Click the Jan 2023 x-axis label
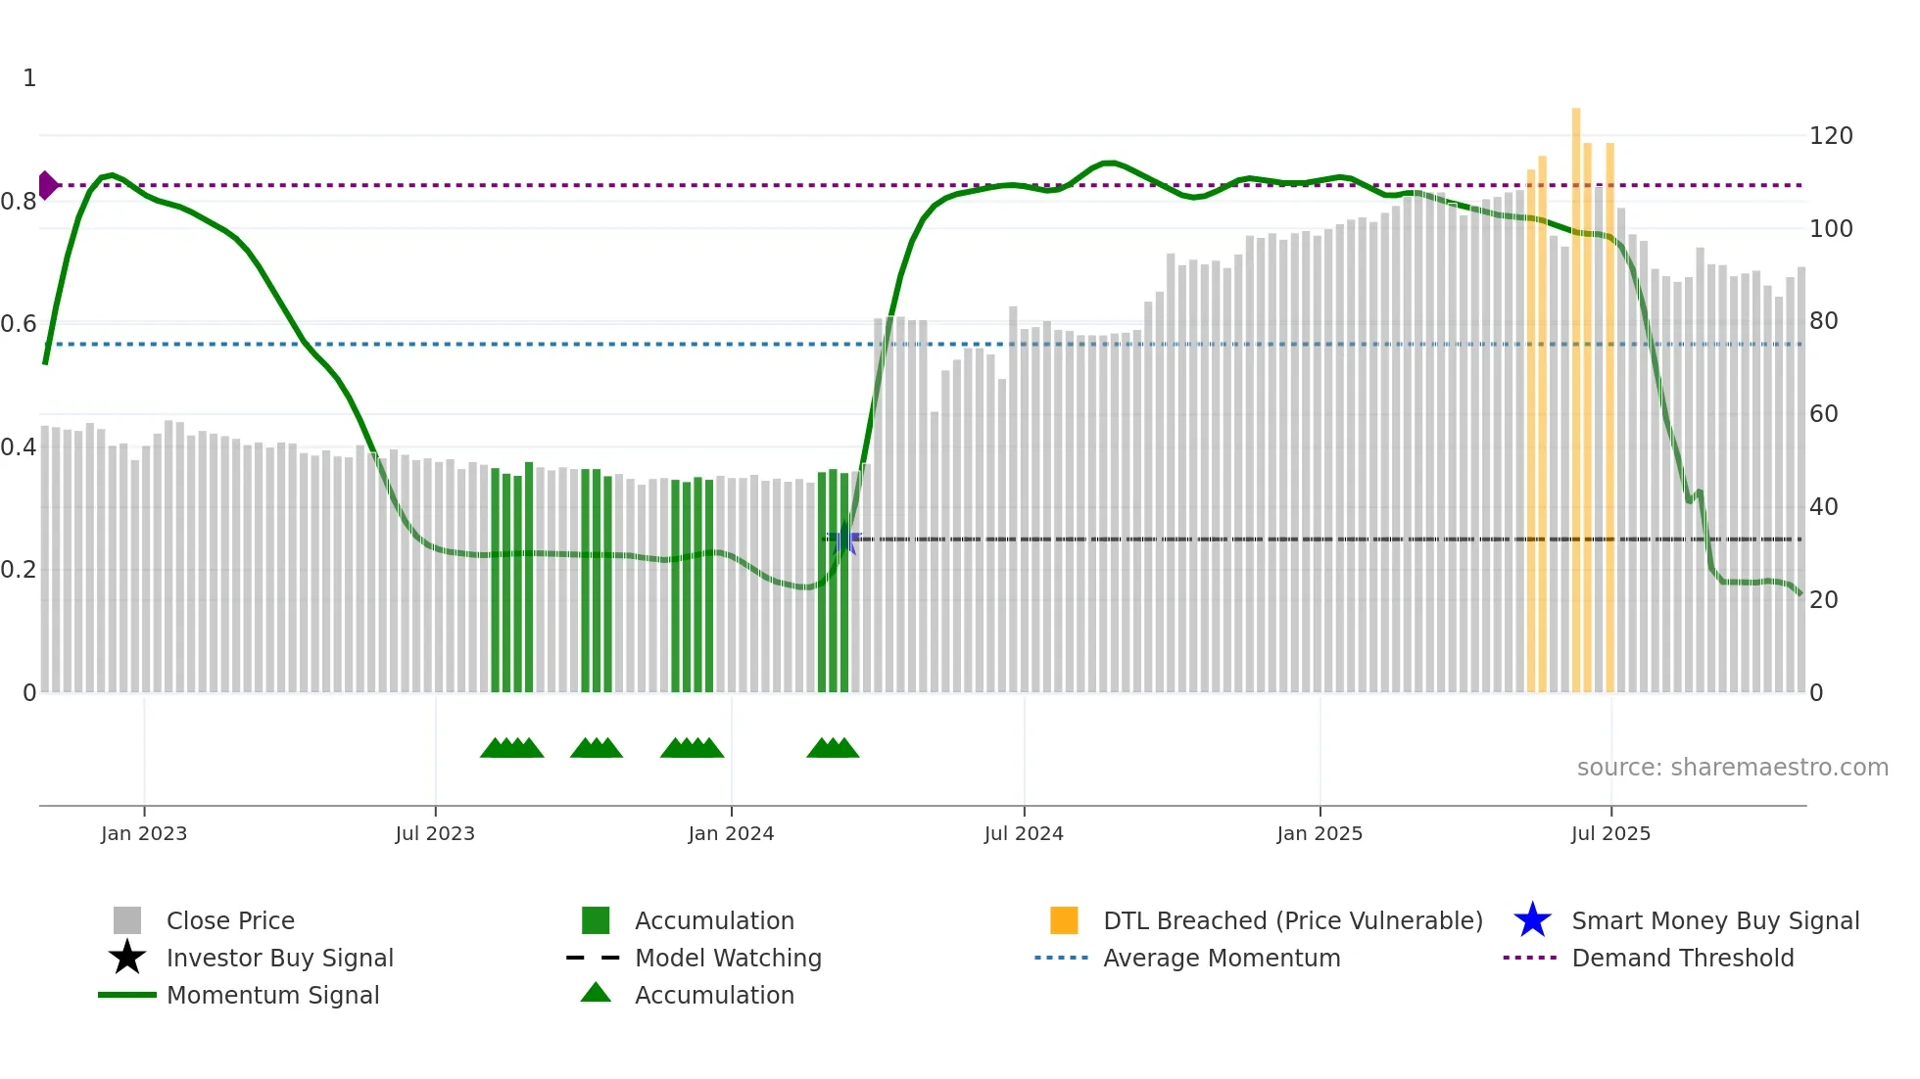(143, 833)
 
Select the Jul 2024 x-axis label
(1024, 833)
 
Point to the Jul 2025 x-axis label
(1610, 833)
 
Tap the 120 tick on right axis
(1830, 136)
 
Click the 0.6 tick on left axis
(19, 324)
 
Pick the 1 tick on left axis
(29, 78)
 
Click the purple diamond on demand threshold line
(47, 185)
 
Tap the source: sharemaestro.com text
(1732, 768)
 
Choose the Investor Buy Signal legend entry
(279, 958)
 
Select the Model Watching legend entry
(727, 958)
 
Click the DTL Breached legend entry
(1292, 920)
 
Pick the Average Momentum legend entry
(1221, 958)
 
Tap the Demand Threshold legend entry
(1682, 958)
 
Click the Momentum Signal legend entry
(272, 995)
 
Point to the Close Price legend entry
(230, 920)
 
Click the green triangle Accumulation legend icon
(596, 993)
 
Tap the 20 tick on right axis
(1823, 600)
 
